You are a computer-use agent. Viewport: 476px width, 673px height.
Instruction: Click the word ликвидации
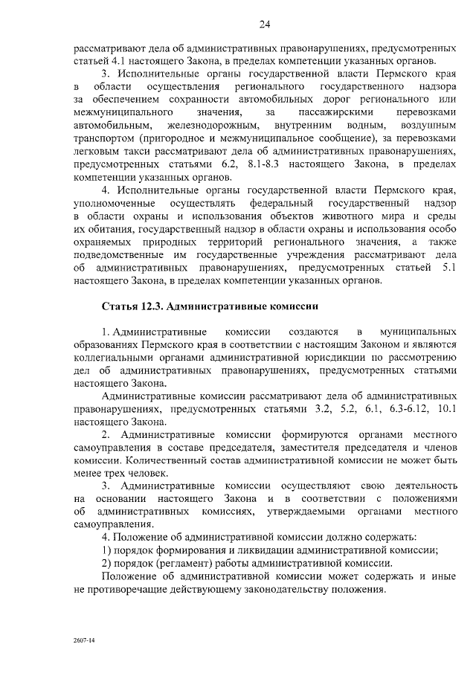[x=268, y=550]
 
